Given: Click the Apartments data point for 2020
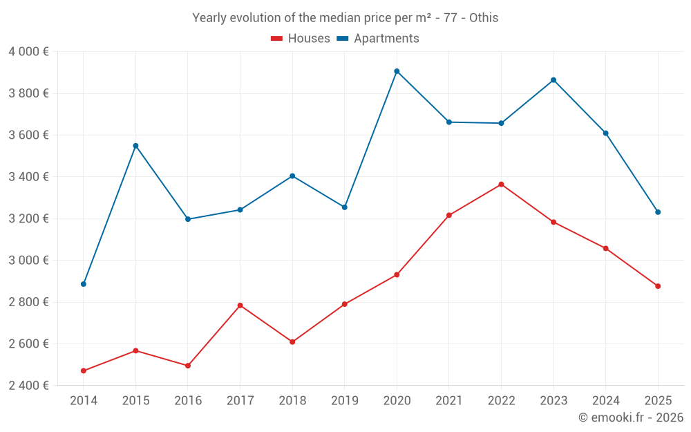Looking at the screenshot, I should (x=397, y=71).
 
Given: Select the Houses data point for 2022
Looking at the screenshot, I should (x=501, y=185).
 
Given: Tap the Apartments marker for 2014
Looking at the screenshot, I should (x=84, y=284).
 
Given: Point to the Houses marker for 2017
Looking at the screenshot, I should (x=240, y=306).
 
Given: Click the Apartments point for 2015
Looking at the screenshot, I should (x=135, y=146).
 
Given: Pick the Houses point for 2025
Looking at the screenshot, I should (x=658, y=286).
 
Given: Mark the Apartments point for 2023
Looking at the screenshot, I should (x=553, y=80).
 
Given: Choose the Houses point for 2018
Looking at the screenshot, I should (x=292, y=342).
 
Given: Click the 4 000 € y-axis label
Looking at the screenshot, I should (x=28, y=52).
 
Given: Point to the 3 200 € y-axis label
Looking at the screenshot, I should (x=28, y=218).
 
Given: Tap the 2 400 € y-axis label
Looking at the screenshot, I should (x=28, y=386).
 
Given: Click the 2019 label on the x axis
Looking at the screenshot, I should (x=344, y=401).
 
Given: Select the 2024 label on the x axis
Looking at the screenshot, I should (x=605, y=401).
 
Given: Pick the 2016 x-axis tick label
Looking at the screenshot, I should (x=188, y=401).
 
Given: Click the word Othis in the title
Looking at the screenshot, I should (x=484, y=18).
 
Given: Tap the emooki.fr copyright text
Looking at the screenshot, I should (x=631, y=417).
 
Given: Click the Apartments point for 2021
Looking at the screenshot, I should (x=449, y=122).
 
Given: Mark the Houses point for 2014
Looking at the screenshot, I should (x=84, y=371).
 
